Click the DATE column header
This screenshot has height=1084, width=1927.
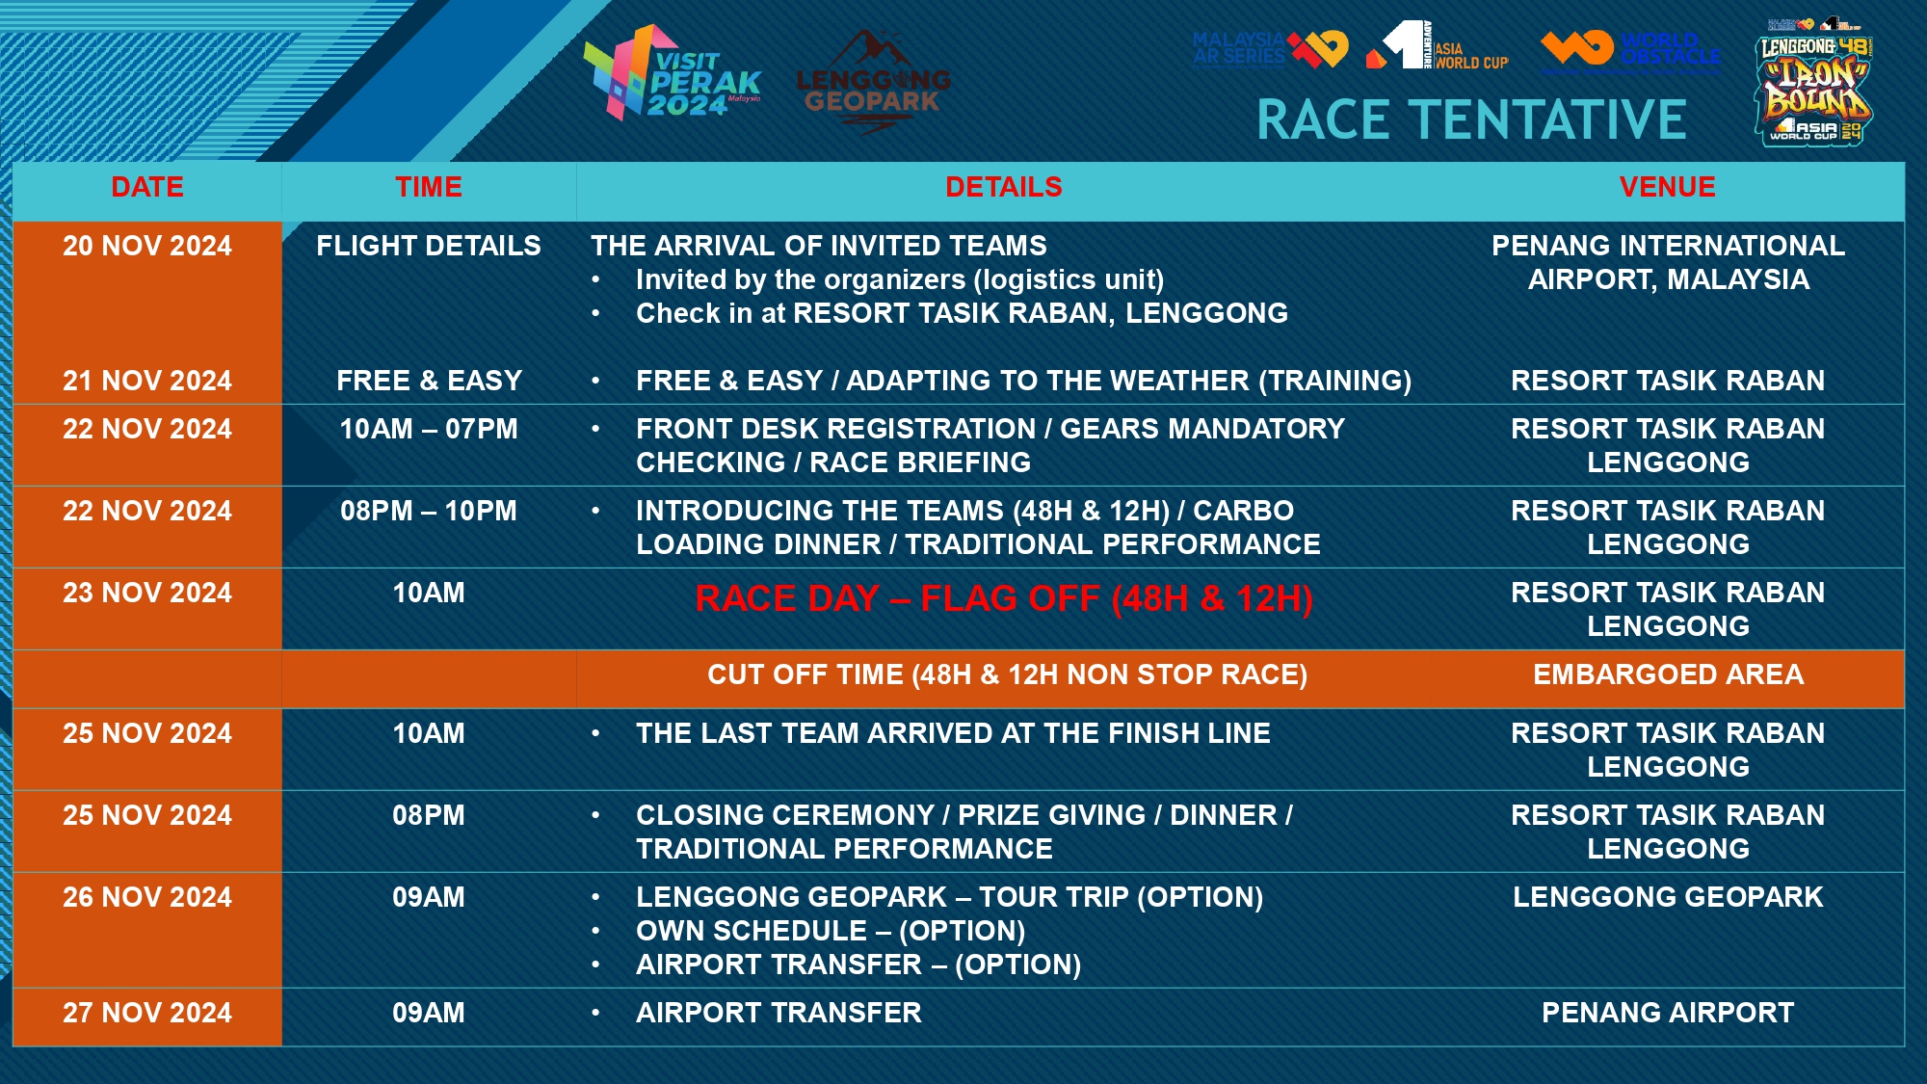(147, 187)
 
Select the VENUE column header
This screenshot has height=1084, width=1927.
(1668, 187)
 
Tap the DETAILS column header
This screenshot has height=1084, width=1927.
(1004, 187)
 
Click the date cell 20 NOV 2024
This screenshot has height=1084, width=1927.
(147, 246)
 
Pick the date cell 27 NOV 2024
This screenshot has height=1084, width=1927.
(147, 1013)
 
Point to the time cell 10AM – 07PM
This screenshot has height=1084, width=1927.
(429, 429)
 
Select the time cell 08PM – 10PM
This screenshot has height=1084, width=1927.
(429, 511)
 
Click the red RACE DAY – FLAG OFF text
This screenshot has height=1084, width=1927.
(1004, 598)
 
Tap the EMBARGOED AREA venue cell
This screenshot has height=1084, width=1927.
(1668, 674)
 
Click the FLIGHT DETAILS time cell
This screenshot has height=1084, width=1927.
(429, 246)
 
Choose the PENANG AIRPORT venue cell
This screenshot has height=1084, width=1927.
(1668, 1013)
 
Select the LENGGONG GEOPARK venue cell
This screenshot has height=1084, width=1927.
(1668, 897)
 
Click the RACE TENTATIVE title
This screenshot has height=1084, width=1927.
(1471, 120)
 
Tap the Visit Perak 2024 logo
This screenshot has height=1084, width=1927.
(672, 74)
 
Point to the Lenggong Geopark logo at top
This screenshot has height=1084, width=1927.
(873, 82)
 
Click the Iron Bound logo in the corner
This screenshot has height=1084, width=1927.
(1816, 82)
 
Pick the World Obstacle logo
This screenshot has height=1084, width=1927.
(1630, 50)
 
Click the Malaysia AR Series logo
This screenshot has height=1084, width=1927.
(1270, 48)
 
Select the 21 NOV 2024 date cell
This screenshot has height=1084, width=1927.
(147, 381)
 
